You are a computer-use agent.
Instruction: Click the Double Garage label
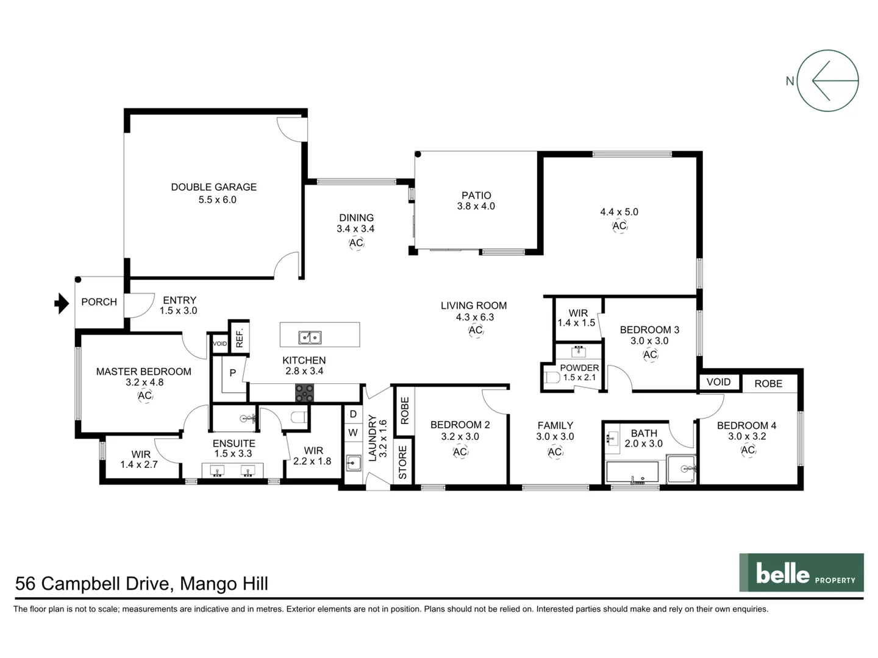pos(213,187)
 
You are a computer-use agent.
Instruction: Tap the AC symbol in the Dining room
pos(356,243)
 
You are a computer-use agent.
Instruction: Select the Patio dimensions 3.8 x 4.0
pos(476,207)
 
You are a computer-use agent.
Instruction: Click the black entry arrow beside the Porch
pos(62,303)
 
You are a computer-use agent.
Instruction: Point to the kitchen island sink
pos(310,337)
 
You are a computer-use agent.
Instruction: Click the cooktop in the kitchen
pos(304,393)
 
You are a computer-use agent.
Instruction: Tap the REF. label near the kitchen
pos(240,338)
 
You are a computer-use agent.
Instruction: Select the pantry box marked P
pos(232,373)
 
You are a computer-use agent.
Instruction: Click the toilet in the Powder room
pos(552,378)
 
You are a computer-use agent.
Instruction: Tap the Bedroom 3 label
pos(649,330)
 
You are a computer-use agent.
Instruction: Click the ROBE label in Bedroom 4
pos(768,384)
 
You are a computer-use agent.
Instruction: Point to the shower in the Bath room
pos(682,469)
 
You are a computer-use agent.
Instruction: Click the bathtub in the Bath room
pos(632,472)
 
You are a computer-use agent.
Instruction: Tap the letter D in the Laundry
pos(353,414)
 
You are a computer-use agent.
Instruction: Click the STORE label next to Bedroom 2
pos(402,462)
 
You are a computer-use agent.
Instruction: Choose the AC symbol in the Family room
pos(555,452)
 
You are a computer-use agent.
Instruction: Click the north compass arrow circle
pos(827,80)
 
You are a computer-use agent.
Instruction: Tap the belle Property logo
pos(801,573)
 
